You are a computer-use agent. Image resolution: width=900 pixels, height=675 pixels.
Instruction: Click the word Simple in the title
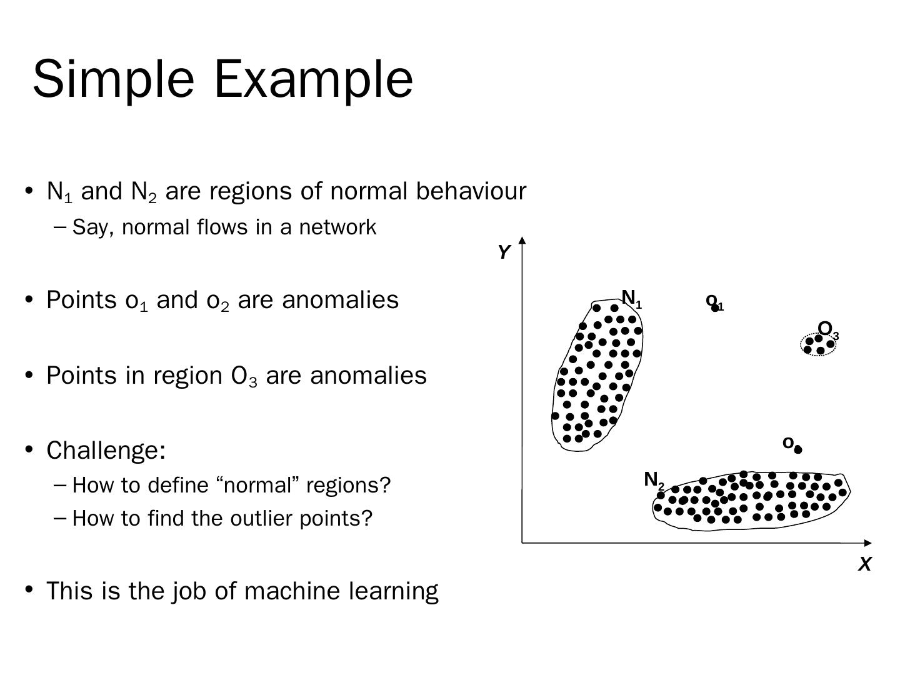point(113,79)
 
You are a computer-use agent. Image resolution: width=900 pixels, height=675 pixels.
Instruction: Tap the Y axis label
point(504,252)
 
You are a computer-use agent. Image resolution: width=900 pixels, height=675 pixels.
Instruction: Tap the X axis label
point(864,564)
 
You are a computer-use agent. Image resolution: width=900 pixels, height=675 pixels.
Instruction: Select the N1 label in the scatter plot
point(631,298)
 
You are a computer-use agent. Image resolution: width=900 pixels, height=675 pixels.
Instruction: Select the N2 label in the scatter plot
point(653,480)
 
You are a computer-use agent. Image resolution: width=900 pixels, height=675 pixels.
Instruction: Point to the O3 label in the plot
point(827,329)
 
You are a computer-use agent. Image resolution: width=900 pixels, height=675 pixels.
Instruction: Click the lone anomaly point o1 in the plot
point(715,307)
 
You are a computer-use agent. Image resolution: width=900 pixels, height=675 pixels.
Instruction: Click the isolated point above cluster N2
point(798,449)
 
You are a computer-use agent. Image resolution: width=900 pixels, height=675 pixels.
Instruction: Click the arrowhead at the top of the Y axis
point(522,239)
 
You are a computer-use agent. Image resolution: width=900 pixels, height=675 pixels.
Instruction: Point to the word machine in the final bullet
point(290,591)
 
